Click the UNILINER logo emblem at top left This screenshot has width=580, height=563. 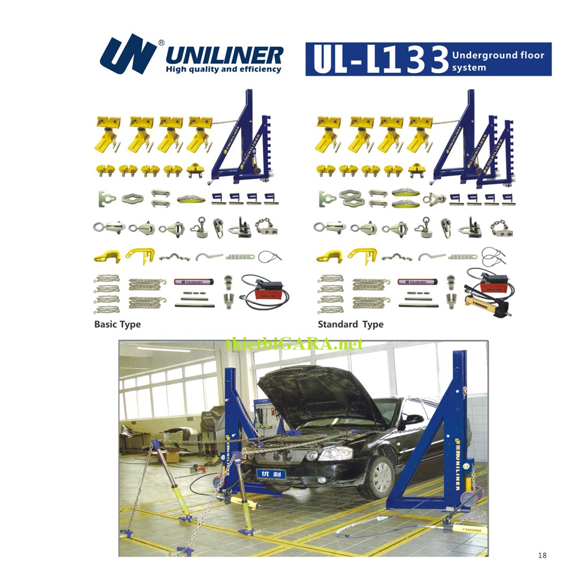pyautogui.click(x=127, y=54)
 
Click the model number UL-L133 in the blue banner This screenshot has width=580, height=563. pyautogui.click(x=379, y=60)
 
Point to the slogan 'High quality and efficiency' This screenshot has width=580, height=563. pyautogui.click(x=223, y=70)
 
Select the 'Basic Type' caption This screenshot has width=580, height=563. pyautogui.click(x=117, y=324)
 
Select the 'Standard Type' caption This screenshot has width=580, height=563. pyautogui.click(x=350, y=324)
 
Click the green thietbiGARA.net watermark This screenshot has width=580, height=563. pyautogui.click(x=294, y=344)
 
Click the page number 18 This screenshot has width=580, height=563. pyautogui.click(x=542, y=555)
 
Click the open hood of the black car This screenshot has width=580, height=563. pyautogui.click(x=314, y=393)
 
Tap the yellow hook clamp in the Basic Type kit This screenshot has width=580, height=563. pyautogui.click(x=107, y=257)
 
